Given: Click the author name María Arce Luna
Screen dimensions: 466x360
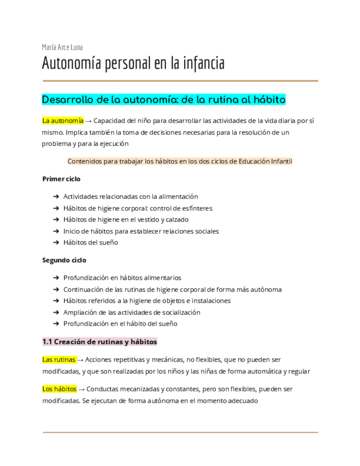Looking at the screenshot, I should tap(62, 47).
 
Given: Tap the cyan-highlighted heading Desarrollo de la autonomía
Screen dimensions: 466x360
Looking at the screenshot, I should tap(164, 100).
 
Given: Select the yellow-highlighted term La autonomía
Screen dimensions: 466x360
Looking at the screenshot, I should tap(63, 120).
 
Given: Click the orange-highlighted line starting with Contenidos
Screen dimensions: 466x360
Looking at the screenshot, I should tap(180, 161).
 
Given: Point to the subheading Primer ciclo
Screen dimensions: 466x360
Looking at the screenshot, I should tap(61, 179).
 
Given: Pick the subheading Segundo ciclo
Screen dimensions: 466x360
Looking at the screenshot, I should tap(64, 260).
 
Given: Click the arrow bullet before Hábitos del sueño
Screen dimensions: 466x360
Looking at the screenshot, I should tap(57, 242).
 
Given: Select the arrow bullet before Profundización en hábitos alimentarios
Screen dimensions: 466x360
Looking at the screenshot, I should tap(57, 278).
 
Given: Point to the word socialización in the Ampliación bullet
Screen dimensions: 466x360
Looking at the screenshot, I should tap(179, 312).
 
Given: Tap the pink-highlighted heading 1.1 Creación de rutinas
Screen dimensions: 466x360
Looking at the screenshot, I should tap(99, 341).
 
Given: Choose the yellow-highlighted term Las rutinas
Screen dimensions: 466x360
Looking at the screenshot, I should tap(59, 359).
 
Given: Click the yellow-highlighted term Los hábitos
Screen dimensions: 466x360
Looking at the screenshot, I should tap(59, 389).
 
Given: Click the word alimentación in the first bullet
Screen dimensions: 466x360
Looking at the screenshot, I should tap(176, 196).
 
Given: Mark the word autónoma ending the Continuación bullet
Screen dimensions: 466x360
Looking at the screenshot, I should tap(265, 289).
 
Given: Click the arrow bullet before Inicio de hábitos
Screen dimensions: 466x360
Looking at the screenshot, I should tap(57, 231).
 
